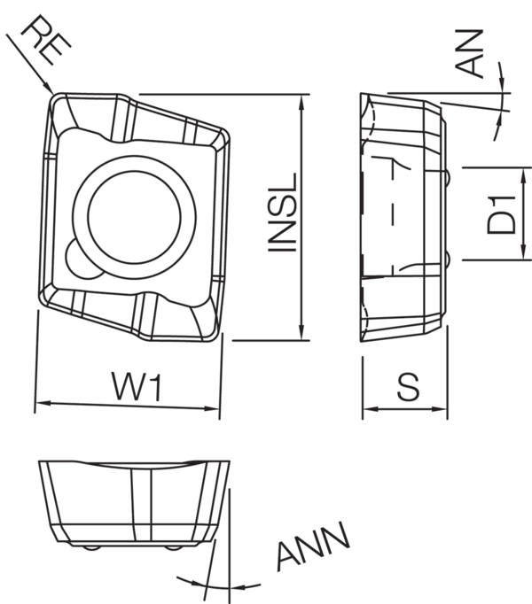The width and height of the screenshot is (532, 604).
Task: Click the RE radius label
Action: tap(45, 40)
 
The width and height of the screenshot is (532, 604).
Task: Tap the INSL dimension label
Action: tap(283, 213)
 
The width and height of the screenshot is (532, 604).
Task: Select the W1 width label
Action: tap(137, 385)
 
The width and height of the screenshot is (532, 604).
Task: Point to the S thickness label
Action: tap(408, 386)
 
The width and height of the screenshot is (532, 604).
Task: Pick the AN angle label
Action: tap(469, 53)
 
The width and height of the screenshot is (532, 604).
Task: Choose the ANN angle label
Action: tap(313, 546)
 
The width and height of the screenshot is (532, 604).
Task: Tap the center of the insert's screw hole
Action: tap(134, 217)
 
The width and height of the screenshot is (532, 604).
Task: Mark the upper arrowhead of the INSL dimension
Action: tap(301, 103)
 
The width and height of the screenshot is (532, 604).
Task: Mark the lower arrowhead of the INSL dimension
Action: tap(301, 331)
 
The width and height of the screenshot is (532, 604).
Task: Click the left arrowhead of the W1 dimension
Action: tap(43, 403)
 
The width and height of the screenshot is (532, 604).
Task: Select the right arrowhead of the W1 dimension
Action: tap(211, 408)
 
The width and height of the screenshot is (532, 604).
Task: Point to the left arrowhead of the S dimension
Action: tap(372, 409)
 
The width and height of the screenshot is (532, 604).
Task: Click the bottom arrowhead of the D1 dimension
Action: tap(523, 252)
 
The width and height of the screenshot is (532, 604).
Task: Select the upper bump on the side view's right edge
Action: tap(448, 177)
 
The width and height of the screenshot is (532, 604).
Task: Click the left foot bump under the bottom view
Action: tap(91, 547)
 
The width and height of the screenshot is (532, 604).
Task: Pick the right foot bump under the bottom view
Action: tap(173, 547)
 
